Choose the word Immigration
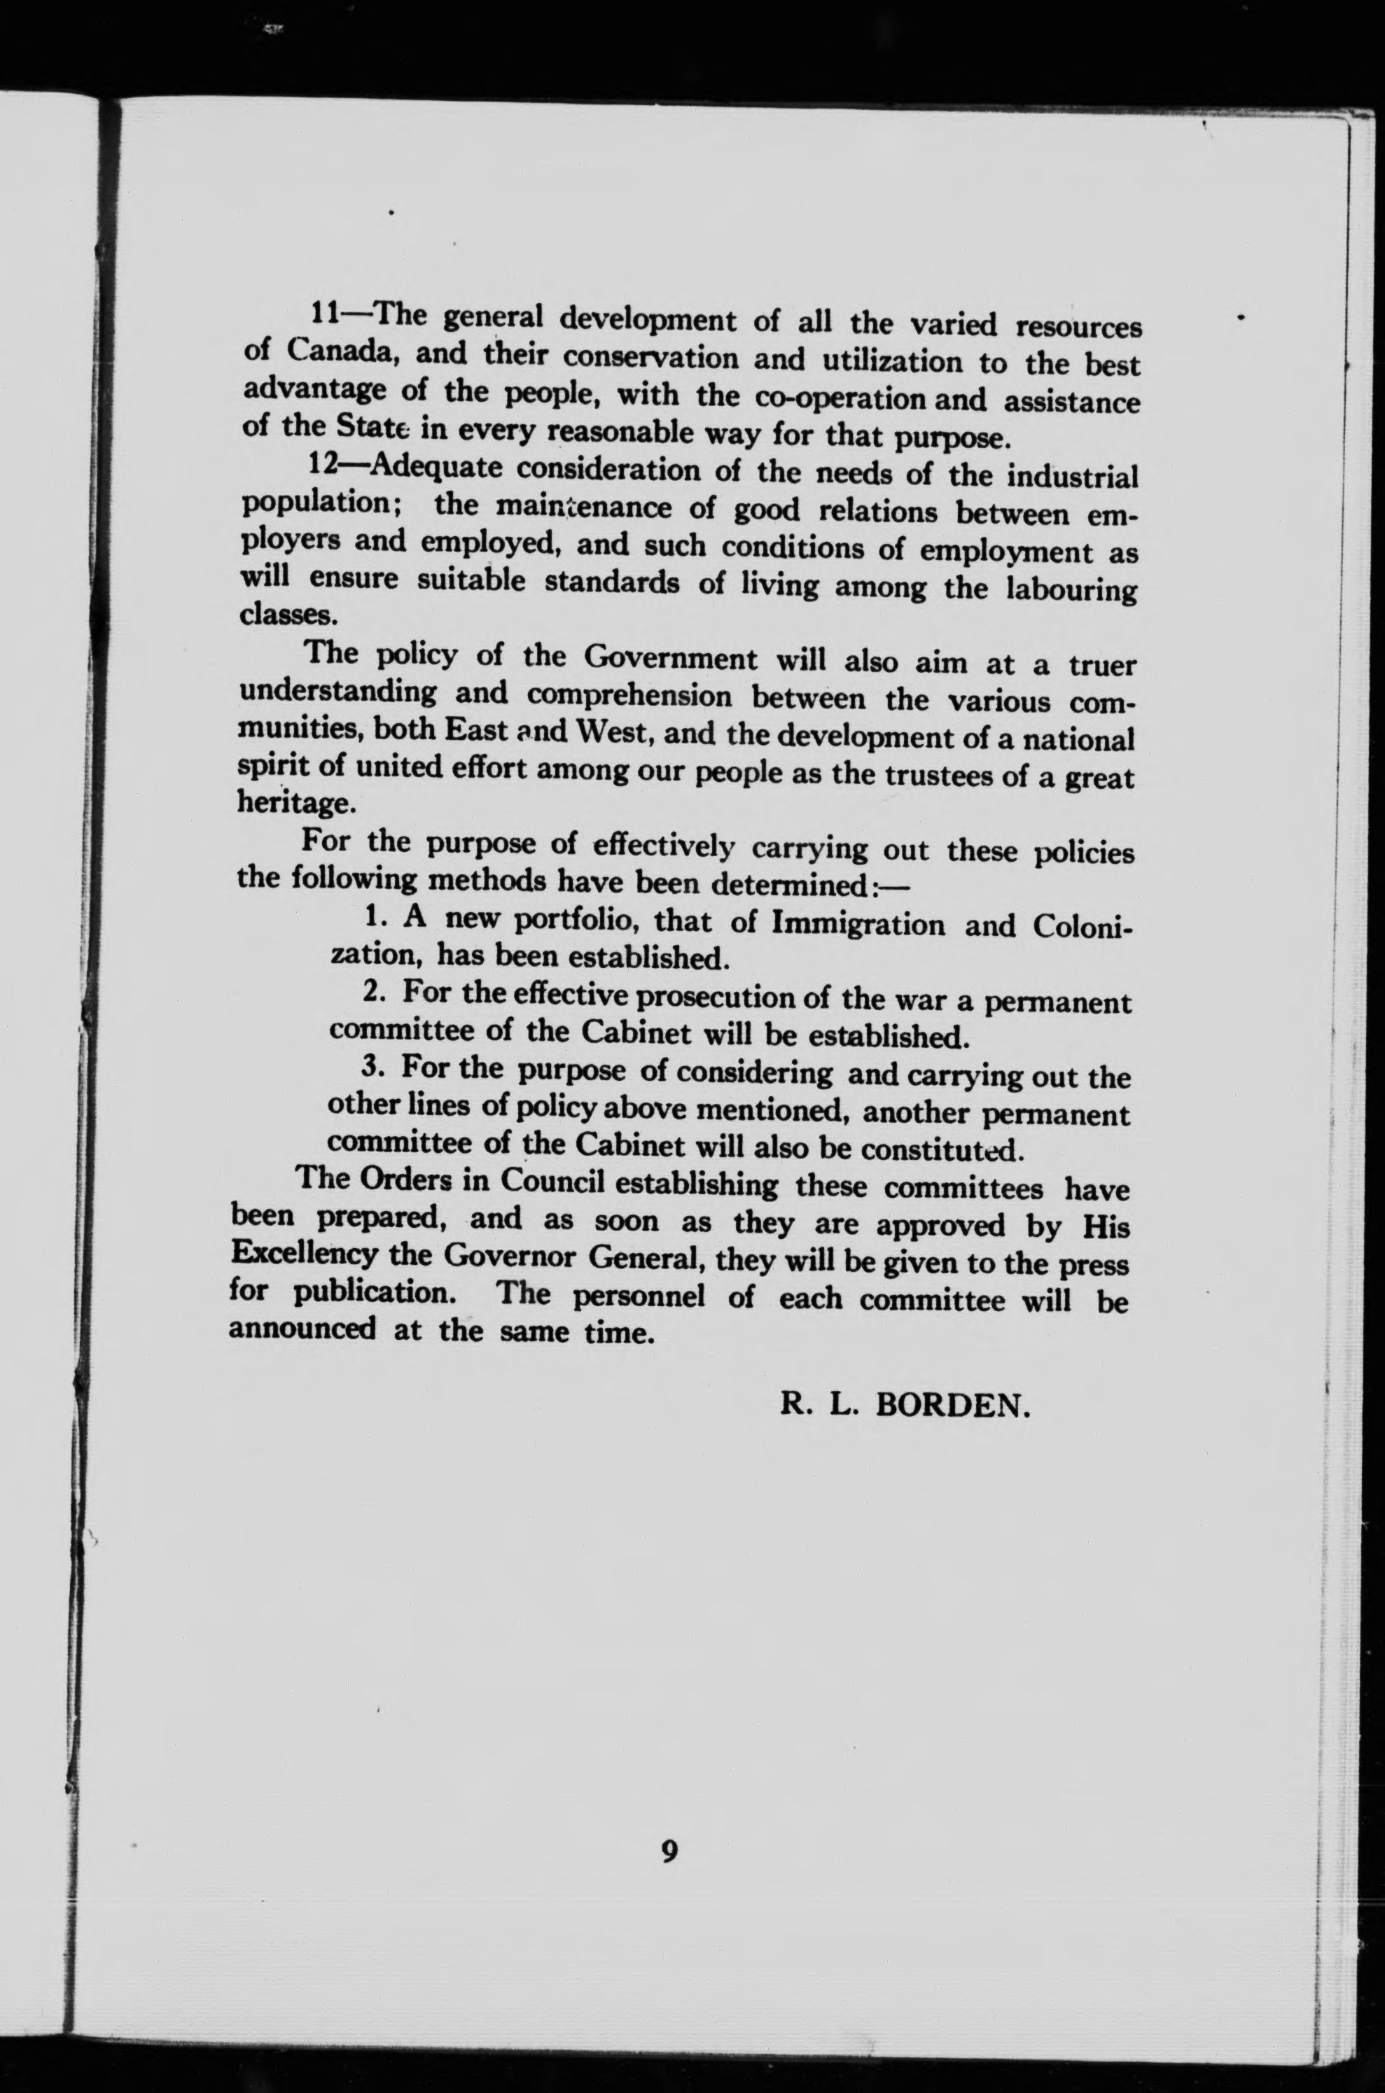tap(858, 924)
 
